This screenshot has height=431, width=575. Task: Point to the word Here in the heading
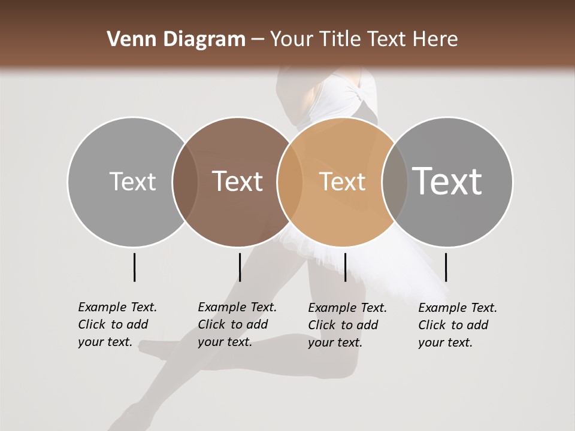tap(435, 40)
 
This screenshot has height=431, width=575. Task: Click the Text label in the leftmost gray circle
tap(132, 181)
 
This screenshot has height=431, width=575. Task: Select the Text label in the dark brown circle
tap(237, 181)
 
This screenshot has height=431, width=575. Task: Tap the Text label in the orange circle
tap(342, 181)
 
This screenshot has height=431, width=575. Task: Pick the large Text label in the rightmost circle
tap(447, 181)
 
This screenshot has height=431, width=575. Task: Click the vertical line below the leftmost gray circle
tap(134, 267)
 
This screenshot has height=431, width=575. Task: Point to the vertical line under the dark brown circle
tap(240, 267)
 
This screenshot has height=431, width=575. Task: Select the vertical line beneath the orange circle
tap(345, 267)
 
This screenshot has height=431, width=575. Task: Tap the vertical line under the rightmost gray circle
tap(446, 267)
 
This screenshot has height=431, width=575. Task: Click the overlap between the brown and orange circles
tap(289, 181)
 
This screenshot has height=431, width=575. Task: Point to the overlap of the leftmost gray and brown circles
tap(184, 181)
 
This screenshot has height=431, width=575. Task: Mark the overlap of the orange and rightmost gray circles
tap(394, 181)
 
